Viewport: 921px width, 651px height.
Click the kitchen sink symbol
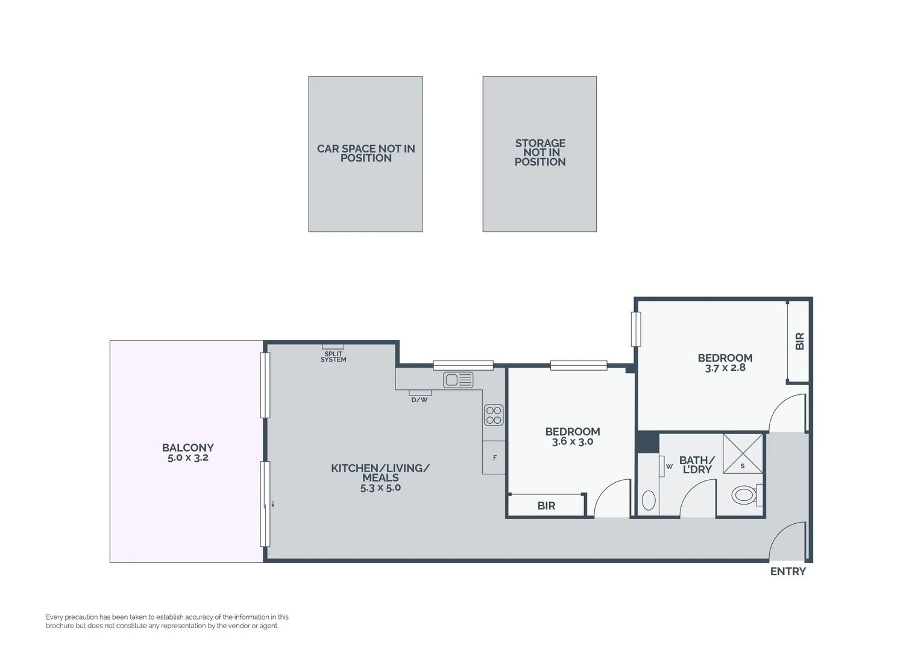[x=458, y=380]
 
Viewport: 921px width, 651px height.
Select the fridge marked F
[x=494, y=458]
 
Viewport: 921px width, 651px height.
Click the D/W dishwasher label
[x=420, y=400]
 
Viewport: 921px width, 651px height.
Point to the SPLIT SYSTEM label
[x=333, y=357]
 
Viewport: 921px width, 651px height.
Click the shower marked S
[x=743, y=454]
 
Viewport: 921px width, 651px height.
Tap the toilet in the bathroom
[x=745, y=495]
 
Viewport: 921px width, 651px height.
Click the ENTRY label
[x=788, y=571]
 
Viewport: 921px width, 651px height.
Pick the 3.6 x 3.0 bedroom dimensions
[x=573, y=442]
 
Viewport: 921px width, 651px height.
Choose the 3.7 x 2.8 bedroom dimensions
[x=725, y=368]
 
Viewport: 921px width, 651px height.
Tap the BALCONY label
[x=187, y=447]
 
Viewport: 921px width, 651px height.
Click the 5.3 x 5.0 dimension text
[x=380, y=488]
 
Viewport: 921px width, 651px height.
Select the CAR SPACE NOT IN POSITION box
[x=365, y=154]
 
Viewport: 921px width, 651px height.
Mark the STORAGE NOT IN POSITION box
[x=539, y=154]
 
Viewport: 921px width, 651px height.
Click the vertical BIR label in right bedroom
[x=799, y=341]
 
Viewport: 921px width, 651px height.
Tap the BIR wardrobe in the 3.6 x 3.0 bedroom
[x=546, y=506]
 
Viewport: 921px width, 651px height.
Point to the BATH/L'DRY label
[x=697, y=465]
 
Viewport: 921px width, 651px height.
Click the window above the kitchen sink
[x=463, y=365]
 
